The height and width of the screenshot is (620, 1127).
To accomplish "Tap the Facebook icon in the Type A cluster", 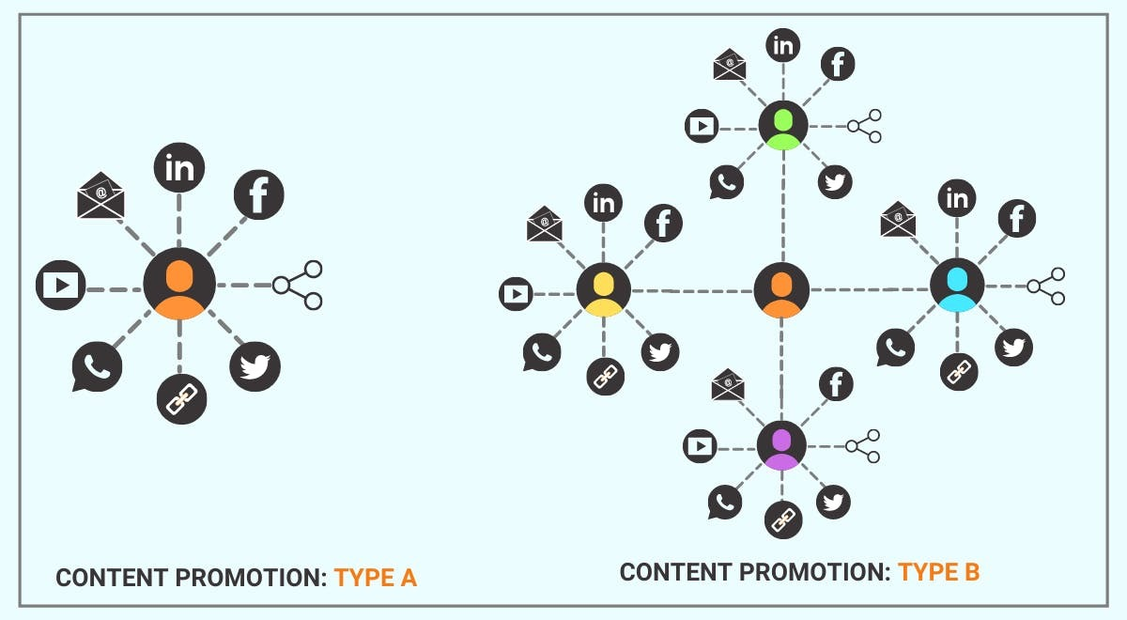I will click(x=258, y=195).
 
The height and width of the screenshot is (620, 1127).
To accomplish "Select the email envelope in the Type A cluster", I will click(x=100, y=196).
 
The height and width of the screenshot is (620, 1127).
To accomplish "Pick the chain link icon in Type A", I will click(x=180, y=398).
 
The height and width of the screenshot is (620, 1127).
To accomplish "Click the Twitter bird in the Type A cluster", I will click(x=255, y=366).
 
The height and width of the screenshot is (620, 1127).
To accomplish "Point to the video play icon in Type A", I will click(x=61, y=285).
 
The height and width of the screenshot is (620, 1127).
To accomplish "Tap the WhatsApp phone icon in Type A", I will click(x=97, y=367).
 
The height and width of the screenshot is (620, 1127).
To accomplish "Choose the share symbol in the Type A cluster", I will click(x=298, y=285).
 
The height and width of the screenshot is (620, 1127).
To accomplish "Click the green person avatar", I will click(x=782, y=126).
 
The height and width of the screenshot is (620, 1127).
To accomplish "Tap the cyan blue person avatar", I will click(x=957, y=285).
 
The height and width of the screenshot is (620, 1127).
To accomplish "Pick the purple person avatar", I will click(x=781, y=446).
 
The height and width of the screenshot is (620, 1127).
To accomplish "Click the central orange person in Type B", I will click(x=781, y=290).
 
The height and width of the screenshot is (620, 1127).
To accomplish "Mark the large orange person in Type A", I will click(x=179, y=284).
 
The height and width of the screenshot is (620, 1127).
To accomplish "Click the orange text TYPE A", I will click(x=375, y=578).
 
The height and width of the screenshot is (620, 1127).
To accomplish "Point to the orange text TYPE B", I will click(x=938, y=571).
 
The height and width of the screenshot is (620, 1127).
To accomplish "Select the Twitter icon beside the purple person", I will click(x=833, y=502).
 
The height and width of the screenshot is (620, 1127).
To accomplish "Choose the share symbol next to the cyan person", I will click(x=1046, y=286).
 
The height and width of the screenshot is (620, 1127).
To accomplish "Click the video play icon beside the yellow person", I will click(x=516, y=295).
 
